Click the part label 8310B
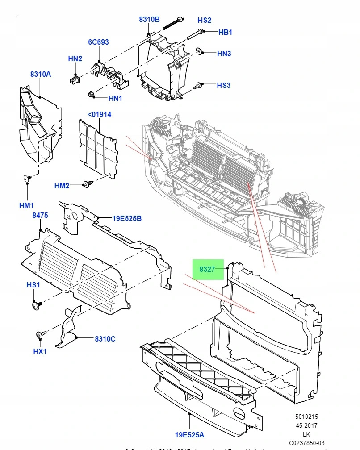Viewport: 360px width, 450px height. pos(149,19)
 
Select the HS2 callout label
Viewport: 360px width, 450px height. pos(205,20)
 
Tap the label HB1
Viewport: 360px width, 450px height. pos(225,32)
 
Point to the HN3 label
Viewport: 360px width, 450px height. pos(224,54)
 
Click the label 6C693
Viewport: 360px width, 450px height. pos(98,42)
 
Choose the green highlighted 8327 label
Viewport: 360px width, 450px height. pos(207,269)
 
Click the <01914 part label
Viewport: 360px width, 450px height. pos(99,114)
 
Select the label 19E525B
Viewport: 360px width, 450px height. pos(127,218)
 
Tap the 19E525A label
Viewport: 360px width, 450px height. pos(190,434)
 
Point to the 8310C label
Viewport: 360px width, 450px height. pos(105,339)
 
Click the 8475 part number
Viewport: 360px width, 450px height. pos(40,215)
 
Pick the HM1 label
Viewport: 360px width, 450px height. pos(27,205)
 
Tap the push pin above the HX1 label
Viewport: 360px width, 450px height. pos(40,334)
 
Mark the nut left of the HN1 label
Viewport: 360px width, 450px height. pos(92,94)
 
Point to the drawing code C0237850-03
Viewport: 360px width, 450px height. pos(306,442)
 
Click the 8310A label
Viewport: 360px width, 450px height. pos(41,74)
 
